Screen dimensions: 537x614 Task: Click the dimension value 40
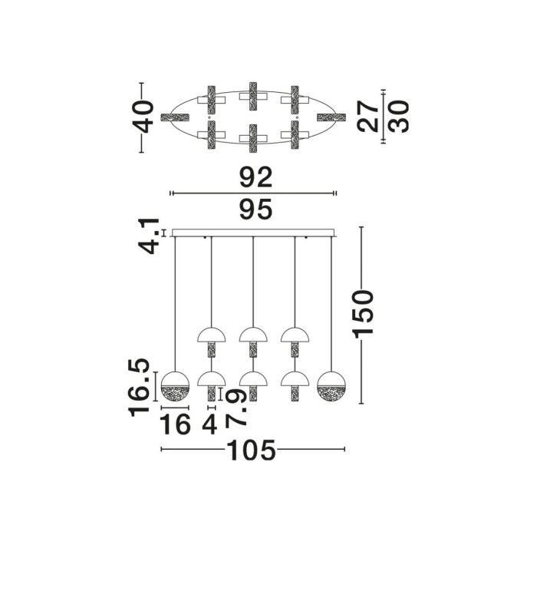[x=143, y=117]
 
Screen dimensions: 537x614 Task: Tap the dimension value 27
[x=368, y=117]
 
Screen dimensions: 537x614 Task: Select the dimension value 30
[x=398, y=117]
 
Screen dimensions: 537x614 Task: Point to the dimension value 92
[x=256, y=177]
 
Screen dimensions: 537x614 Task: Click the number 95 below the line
[x=256, y=209]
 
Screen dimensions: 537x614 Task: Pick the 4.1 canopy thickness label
[x=149, y=236]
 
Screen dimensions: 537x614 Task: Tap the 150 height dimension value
[x=363, y=314]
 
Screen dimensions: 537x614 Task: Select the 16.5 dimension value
[x=139, y=387]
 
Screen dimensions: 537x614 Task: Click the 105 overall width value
[x=252, y=451]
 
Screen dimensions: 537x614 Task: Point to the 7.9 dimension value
[x=236, y=408]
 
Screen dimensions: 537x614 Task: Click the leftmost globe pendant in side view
[x=175, y=386]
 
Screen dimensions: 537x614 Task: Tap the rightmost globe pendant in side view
[x=331, y=386]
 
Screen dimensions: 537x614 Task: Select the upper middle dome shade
[x=253, y=335]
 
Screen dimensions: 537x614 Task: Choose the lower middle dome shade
[x=253, y=379]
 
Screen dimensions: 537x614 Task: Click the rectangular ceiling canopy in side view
[x=253, y=233]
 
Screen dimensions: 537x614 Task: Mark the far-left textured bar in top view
[x=175, y=117]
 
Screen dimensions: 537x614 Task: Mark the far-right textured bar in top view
[x=331, y=117]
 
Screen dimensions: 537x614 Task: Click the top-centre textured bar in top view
[x=253, y=97]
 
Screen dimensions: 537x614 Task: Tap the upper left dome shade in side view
[x=212, y=335]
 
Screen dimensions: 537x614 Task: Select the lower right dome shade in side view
[x=295, y=379]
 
